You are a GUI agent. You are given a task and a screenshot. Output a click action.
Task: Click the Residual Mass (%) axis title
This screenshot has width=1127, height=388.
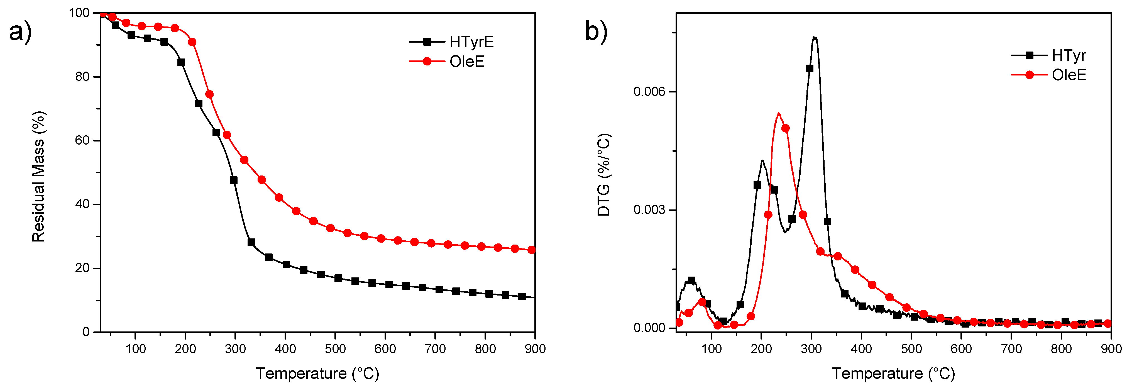tap(38, 176)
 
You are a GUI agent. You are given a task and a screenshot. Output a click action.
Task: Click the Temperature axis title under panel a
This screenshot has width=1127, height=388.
tap(317, 373)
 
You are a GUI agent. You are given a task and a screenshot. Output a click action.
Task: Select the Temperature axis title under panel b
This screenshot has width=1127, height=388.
tap(893, 373)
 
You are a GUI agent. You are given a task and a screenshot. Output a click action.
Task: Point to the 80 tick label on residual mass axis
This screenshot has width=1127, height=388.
tap(82, 77)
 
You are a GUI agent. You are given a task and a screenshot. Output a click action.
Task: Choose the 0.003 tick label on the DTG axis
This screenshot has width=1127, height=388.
tap(649, 209)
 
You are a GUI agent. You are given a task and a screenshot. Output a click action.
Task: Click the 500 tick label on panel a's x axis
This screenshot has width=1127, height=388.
tap(335, 349)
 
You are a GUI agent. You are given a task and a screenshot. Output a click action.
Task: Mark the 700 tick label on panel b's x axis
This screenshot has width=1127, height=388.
tap(1011, 349)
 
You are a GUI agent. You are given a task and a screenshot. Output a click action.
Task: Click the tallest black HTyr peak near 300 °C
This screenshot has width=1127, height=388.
tap(814, 38)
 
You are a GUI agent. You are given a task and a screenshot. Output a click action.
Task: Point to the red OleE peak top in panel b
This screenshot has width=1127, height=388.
tap(779, 114)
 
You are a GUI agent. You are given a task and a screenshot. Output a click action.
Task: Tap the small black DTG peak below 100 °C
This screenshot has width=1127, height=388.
tap(691, 279)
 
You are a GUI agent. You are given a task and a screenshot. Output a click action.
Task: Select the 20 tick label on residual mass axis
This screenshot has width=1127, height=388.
tap(82, 268)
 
